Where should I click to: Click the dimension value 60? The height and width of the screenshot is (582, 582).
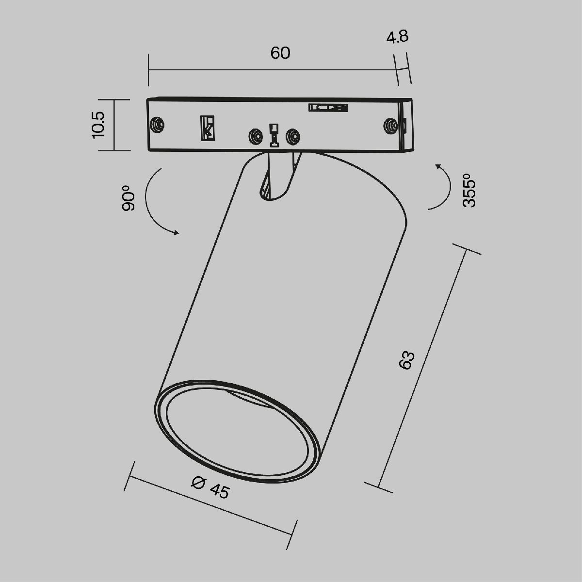[x=280, y=53]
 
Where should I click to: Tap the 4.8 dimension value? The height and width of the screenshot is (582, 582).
[x=397, y=37]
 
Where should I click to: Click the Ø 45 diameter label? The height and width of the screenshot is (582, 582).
[x=210, y=487]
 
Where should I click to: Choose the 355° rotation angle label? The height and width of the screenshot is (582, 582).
[x=469, y=190]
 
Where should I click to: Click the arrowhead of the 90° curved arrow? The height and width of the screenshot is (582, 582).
[x=176, y=233]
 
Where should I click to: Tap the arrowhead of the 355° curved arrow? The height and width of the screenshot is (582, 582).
[x=437, y=167]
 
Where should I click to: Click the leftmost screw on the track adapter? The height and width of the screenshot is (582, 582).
[x=157, y=125]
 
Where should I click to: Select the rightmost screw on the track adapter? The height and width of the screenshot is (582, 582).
[x=389, y=126]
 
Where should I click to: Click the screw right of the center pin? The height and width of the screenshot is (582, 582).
[x=292, y=136]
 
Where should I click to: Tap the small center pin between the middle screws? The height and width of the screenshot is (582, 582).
[x=274, y=135]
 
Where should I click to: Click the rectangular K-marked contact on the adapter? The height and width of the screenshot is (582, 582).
[x=208, y=129]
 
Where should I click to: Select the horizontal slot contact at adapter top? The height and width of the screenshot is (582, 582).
[x=328, y=108]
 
